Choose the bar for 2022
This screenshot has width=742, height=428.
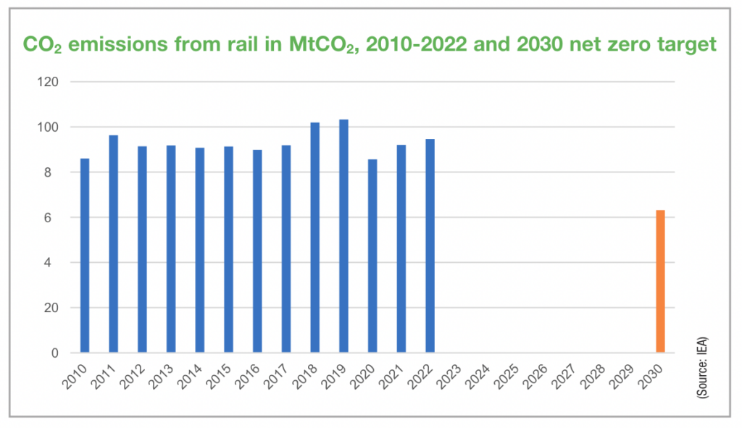430,246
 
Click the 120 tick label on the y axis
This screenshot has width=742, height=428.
49,82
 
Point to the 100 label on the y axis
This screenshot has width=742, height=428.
49,127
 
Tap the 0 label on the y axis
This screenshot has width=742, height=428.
55,353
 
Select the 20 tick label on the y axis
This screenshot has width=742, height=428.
52,308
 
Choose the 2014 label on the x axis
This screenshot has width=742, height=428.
191,374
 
